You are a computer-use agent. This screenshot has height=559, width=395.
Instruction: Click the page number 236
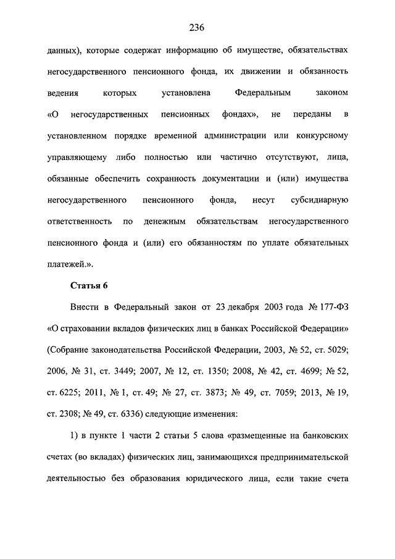tap(197, 27)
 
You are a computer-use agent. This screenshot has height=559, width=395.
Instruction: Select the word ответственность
tap(80, 222)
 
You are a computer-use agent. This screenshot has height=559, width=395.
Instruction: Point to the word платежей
tap(66, 265)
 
